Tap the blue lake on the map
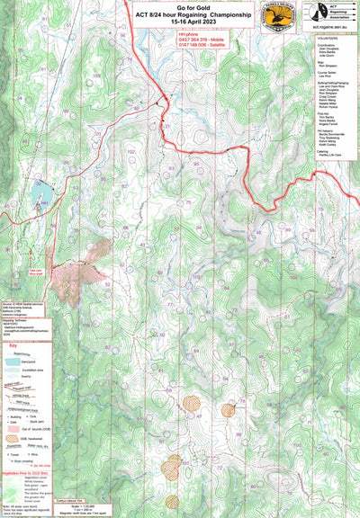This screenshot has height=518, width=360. (40, 192)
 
